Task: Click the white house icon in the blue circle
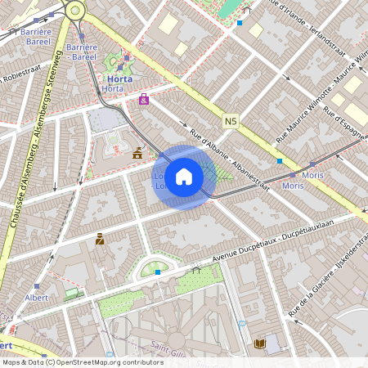coord(184,176)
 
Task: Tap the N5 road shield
coord(230,120)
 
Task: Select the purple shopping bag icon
coord(144,100)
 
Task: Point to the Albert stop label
coord(37,297)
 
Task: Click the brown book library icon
coord(260,344)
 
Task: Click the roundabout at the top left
coord(75,10)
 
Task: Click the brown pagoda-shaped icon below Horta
coord(137,152)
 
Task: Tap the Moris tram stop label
coord(292,186)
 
